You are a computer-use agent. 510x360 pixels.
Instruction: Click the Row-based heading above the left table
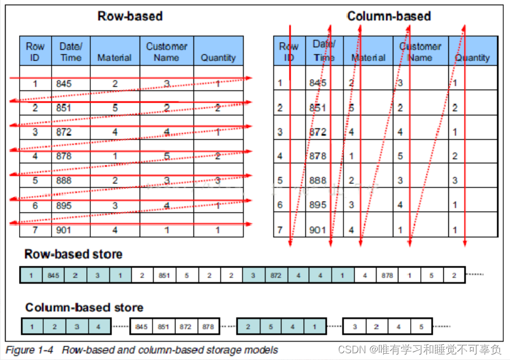click(x=130, y=16)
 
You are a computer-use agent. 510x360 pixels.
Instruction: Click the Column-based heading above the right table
click(x=389, y=16)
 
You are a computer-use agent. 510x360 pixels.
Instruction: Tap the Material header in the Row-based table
click(x=114, y=57)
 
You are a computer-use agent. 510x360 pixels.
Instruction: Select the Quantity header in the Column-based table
click(x=472, y=57)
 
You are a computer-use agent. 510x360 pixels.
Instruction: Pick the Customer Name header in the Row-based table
click(x=166, y=52)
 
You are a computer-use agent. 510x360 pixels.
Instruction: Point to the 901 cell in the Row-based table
click(x=63, y=230)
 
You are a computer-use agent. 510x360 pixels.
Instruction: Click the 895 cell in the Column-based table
click(x=318, y=205)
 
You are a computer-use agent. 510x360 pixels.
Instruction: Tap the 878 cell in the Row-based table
click(x=64, y=156)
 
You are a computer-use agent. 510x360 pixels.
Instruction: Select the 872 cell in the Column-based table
click(x=318, y=133)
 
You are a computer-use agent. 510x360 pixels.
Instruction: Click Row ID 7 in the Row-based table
click(x=35, y=230)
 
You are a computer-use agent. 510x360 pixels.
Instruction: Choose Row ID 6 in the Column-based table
click(x=280, y=205)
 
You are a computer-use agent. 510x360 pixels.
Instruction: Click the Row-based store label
click(x=73, y=255)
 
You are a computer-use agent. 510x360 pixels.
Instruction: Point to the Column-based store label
click(x=84, y=307)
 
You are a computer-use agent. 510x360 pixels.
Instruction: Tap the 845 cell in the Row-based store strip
click(x=53, y=275)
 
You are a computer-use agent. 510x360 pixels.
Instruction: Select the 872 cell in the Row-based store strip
click(x=275, y=275)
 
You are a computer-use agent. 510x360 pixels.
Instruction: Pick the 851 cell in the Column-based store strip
click(x=164, y=326)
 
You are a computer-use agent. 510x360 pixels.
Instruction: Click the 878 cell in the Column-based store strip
click(x=208, y=326)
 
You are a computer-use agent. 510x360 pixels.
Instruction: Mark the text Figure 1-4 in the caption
click(x=29, y=350)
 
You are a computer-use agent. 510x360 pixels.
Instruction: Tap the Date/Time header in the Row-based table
click(x=71, y=52)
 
